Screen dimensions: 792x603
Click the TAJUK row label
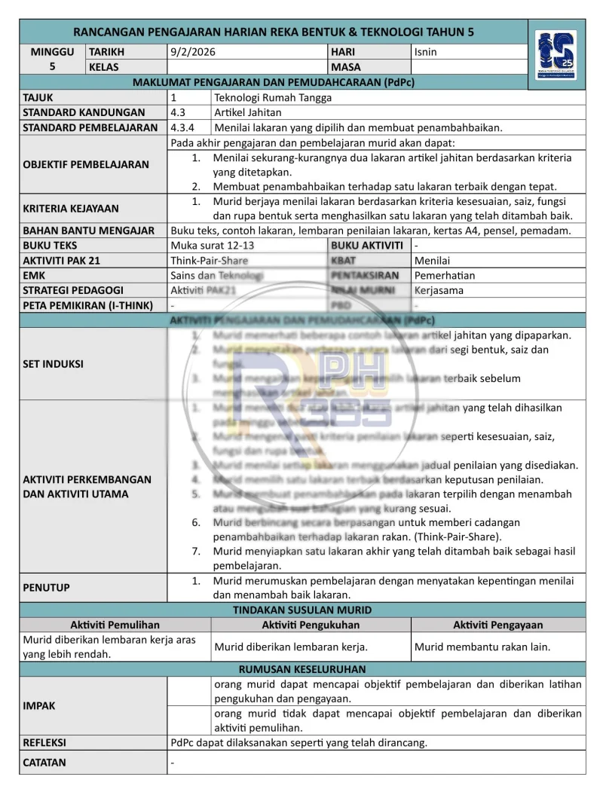coord(38,97)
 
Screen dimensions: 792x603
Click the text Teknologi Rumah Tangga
coord(273,97)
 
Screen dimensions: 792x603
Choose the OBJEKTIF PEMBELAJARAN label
coord(86,164)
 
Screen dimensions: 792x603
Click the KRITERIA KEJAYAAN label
coord(71,208)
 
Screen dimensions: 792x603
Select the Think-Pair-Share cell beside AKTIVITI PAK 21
coord(210,260)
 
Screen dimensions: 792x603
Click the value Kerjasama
coord(439,290)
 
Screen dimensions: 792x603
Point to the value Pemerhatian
coord(445,275)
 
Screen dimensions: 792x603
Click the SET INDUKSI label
coord(54,363)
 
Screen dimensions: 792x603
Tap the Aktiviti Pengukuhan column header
coord(311,625)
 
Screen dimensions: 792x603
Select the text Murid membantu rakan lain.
coord(482,647)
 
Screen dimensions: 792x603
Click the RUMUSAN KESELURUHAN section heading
coord(302,668)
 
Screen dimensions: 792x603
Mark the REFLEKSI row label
coord(44,742)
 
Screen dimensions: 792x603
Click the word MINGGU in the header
coord(52,52)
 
